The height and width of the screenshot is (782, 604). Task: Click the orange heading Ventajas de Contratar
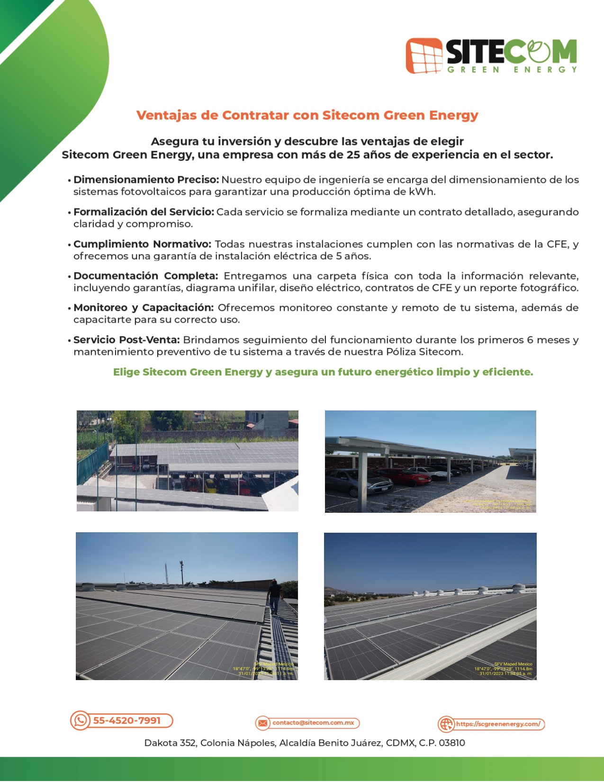tap(307, 115)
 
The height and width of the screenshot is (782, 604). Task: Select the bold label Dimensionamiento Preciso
tap(146, 180)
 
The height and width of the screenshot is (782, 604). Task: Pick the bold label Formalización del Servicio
tap(144, 212)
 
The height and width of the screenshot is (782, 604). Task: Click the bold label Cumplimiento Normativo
tap(142, 244)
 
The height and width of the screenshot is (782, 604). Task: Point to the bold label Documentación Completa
tap(145, 276)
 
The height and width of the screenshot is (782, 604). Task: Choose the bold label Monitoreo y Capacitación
tap(144, 308)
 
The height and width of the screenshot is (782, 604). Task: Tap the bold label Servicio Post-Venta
tap(126, 340)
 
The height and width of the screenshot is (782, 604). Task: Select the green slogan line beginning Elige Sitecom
tap(323, 372)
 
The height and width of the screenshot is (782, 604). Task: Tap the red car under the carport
tap(412, 477)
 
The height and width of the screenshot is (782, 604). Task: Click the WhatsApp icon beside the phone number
tap(81, 720)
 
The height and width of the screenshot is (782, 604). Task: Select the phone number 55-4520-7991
tap(127, 720)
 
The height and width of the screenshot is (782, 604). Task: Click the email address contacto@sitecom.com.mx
tap(313, 723)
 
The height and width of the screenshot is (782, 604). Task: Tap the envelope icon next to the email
tap(262, 723)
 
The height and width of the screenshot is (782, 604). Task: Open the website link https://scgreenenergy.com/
tap(498, 724)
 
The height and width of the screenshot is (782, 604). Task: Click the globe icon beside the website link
tap(446, 724)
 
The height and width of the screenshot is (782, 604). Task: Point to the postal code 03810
tap(452, 743)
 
